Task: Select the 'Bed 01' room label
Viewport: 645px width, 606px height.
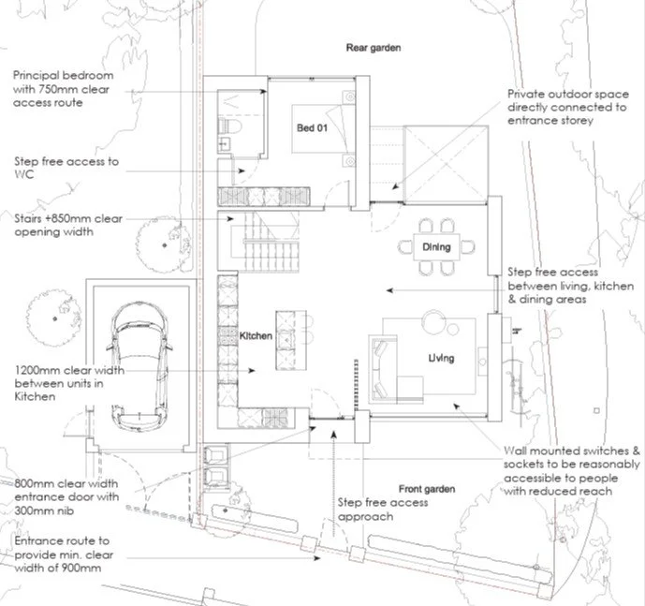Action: [x=312, y=128]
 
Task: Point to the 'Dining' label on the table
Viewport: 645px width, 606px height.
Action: [x=436, y=247]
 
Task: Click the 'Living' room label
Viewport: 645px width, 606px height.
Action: [x=441, y=358]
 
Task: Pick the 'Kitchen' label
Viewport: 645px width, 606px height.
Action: [x=256, y=335]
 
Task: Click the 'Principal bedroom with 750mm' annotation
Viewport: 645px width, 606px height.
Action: [x=62, y=88]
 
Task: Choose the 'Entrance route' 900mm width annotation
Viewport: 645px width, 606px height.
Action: [x=63, y=554]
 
